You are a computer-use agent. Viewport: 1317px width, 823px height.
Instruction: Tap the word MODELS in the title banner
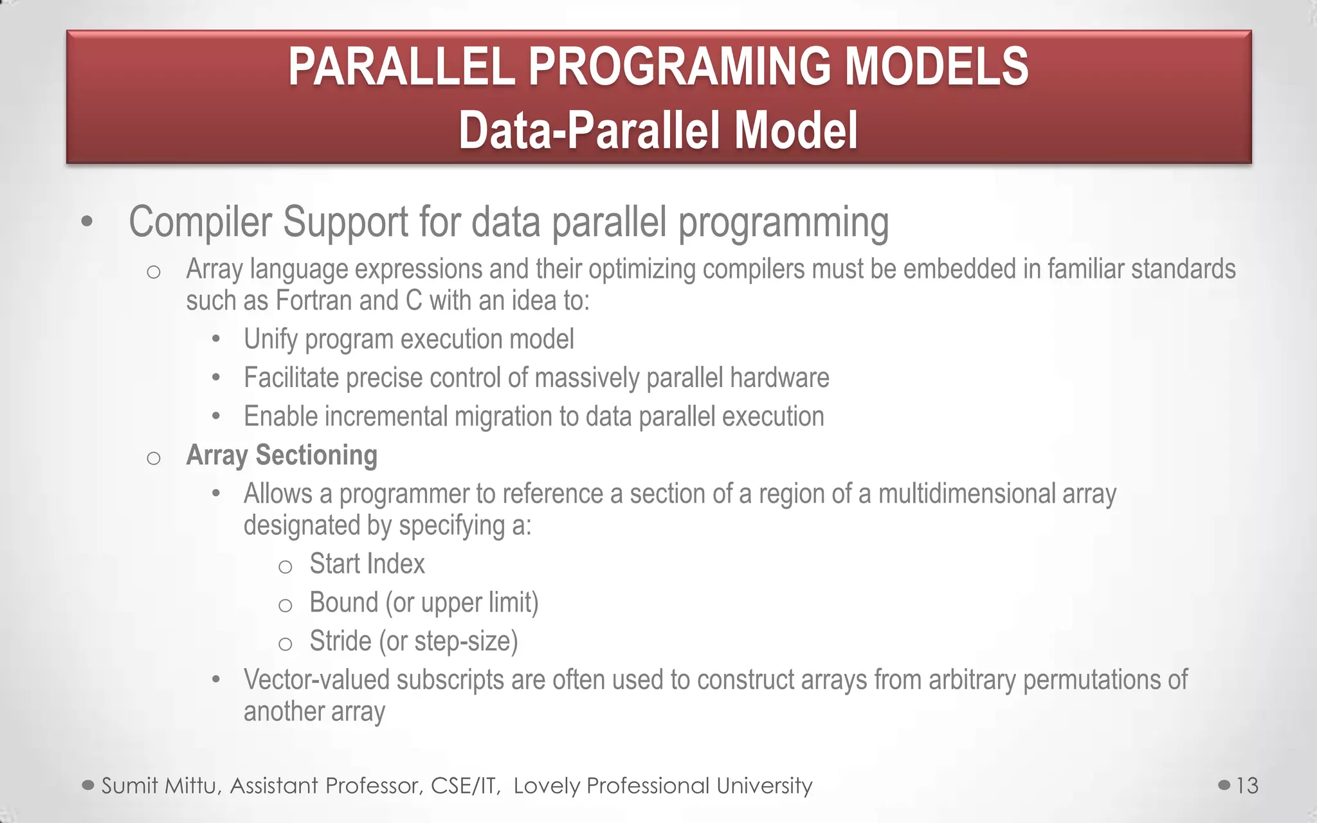[x=936, y=67]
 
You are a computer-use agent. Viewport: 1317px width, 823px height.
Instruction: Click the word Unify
[x=270, y=339]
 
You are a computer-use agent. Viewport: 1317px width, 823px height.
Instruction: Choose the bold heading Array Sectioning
[x=281, y=455]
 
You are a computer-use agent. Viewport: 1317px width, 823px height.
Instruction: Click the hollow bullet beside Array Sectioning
[x=153, y=458]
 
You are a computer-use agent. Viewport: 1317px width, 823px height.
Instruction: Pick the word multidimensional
[x=966, y=494]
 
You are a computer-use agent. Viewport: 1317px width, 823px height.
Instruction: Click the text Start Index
[x=367, y=564]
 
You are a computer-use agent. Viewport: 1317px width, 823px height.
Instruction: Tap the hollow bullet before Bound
[x=285, y=606]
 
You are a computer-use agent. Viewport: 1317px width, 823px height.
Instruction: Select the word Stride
[x=340, y=641]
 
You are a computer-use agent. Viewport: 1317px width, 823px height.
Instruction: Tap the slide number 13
[x=1247, y=786]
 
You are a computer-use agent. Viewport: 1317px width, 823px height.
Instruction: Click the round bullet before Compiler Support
[x=87, y=223]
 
